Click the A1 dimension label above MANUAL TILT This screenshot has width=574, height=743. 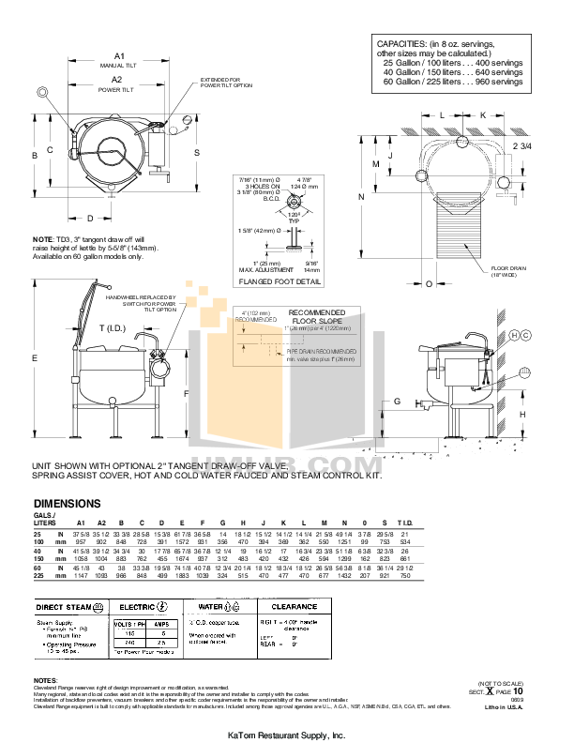[x=119, y=56]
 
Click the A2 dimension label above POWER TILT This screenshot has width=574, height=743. [x=119, y=81]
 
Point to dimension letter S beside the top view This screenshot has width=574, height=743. [x=196, y=151]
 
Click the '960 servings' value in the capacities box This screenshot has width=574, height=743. [x=498, y=82]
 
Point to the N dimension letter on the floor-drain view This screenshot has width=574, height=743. [x=360, y=197]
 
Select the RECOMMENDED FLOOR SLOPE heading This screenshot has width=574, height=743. [x=316, y=317]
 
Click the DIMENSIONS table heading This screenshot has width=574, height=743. [x=68, y=504]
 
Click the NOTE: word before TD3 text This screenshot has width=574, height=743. [x=43, y=239]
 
